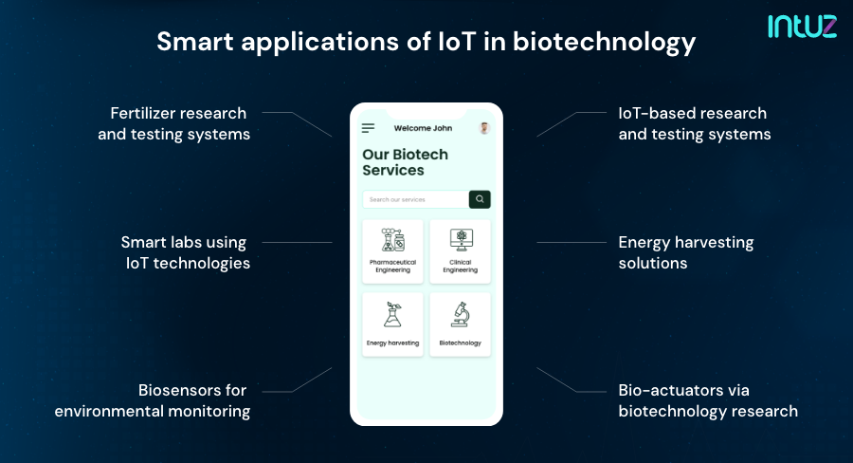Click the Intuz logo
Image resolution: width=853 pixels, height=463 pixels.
click(x=801, y=26)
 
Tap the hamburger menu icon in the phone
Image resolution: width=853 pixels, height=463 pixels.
click(x=369, y=128)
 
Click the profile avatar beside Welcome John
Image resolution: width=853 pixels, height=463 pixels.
click(x=484, y=128)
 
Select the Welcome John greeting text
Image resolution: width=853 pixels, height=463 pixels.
click(x=423, y=128)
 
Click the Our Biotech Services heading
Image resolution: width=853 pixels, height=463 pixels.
click(x=406, y=162)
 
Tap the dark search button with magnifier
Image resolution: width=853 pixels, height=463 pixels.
click(x=480, y=199)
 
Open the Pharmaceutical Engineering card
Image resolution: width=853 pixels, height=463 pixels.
click(x=392, y=251)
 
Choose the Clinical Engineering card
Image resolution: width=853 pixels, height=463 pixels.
click(x=460, y=251)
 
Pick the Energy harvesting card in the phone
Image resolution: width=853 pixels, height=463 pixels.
click(x=392, y=324)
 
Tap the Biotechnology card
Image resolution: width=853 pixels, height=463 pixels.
click(x=460, y=324)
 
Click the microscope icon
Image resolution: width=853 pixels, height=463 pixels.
click(x=461, y=314)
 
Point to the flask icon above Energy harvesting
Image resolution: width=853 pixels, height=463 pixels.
click(x=392, y=314)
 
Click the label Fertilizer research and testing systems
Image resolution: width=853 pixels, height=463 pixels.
click(x=174, y=123)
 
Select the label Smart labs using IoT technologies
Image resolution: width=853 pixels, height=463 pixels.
click(x=186, y=252)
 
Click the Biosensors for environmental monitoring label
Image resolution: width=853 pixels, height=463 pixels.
click(x=153, y=400)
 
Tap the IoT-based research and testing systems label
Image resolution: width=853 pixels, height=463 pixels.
click(x=694, y=123)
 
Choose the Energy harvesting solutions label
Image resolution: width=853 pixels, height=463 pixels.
click(x=685, y=252)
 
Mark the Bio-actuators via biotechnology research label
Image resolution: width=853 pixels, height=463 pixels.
click(x=707, y=400)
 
